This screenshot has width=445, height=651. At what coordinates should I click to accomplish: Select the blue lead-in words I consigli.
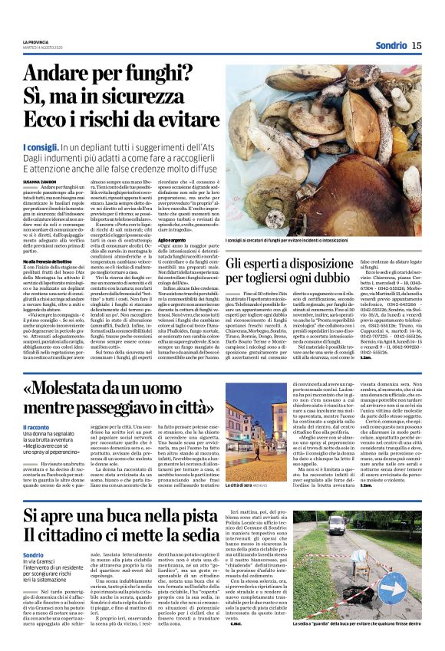click(x=41, y=146)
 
